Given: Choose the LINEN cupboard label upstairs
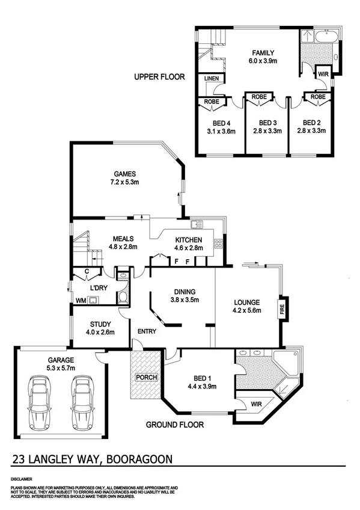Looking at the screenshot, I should pos(212,79).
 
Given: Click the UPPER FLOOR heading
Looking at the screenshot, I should pos(159,77).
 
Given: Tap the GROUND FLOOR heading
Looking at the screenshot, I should pos(175,425).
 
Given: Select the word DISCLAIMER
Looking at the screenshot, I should pos(22,479).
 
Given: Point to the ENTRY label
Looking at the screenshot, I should pos(147,331).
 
